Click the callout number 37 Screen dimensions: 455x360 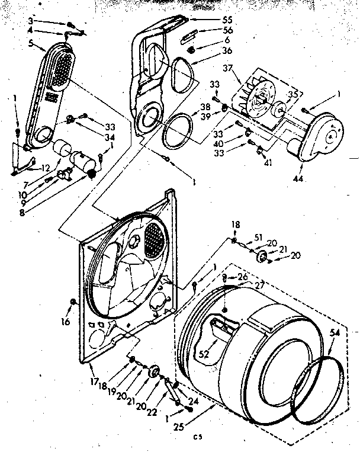pos(227,68)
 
